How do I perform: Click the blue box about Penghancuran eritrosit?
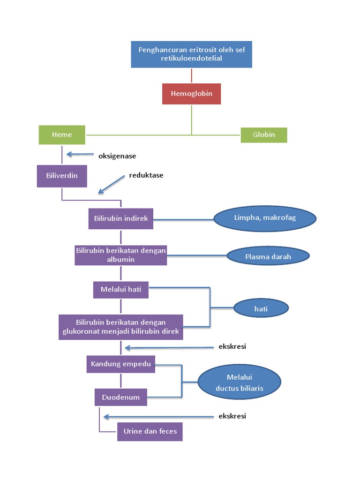click(x=191, y=54)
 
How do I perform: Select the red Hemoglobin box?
click(x=191, y=94)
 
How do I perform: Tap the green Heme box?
click(x=62, y=135)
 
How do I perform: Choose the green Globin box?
click(x=263, y=135)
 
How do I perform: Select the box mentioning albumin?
click(x=121, y=255)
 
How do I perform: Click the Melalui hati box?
click(x=121, y=290)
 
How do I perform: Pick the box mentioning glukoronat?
click(x=121, y=327)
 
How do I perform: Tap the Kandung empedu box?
click(x=121, y=364)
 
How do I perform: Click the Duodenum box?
click(x=121, y=397)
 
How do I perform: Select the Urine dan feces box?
click(x=150, y=431)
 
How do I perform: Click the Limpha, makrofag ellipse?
click(x=265, y=218)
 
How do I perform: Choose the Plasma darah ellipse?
click(x=268, y=256)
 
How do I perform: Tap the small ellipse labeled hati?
click(x=261, y=308)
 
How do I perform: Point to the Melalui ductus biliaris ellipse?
click(x=239, y=382)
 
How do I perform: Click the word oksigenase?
click(x=117, y=156)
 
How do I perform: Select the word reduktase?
click(x=146, y=175)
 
